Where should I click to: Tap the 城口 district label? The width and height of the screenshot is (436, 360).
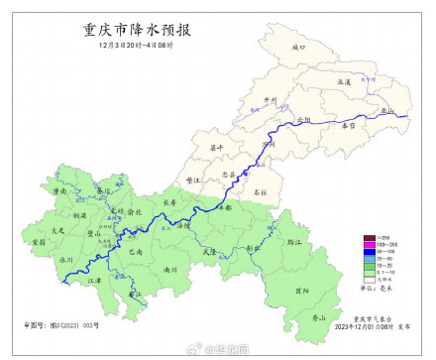click(x=301, y=47)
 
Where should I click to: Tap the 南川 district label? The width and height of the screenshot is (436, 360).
click(x=170, y=268)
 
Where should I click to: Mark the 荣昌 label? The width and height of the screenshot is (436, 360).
click(x=39, y=241)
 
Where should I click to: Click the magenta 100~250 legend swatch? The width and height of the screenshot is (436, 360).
click(x=340, y=243)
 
